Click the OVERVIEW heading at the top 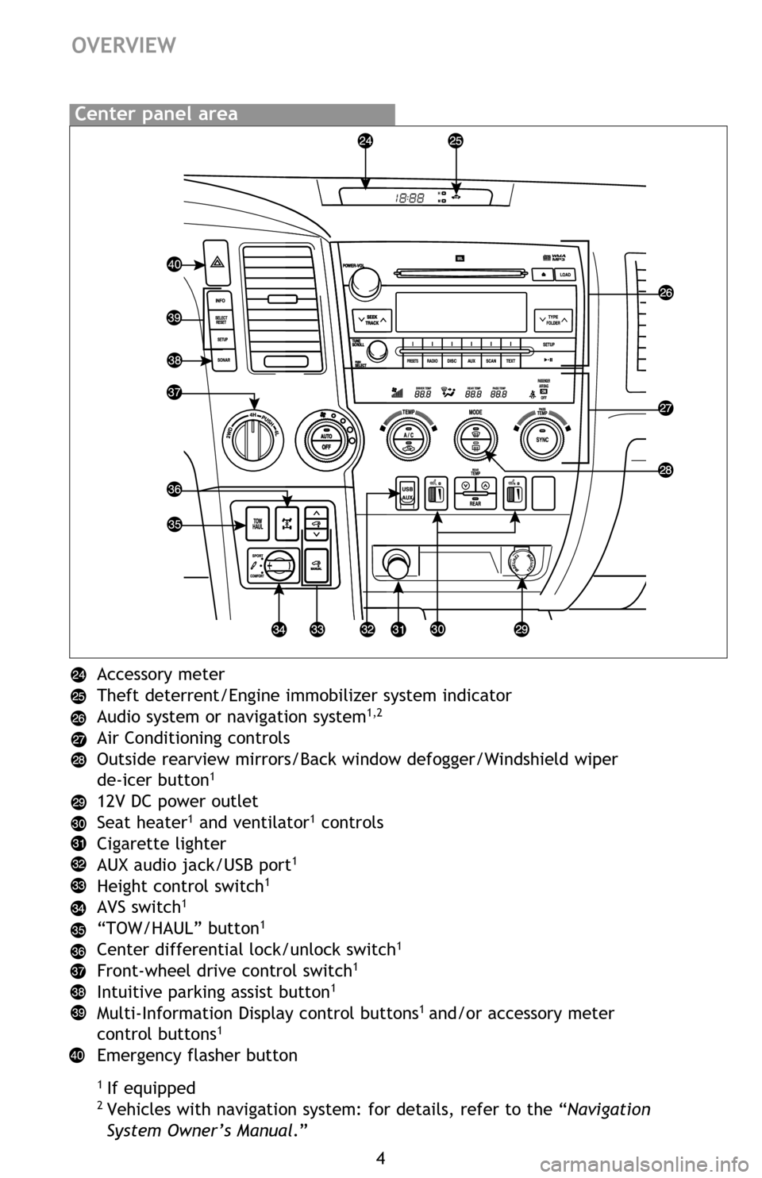point(124,45)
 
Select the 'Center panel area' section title point(156,114)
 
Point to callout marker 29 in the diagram point(521,629)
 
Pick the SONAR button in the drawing point(221,360)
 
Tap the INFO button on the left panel point(221,301)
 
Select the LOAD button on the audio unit point(565,275)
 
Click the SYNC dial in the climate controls point(542,438)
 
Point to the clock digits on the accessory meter point(410,198)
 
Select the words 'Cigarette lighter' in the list point(161,844)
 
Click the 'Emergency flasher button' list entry point(197,1056)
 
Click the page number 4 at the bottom point(381,1157)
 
